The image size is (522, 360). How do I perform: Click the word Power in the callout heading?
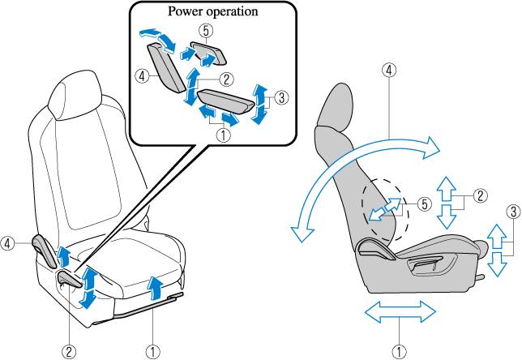186,13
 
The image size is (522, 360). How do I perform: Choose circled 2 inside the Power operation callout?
227,79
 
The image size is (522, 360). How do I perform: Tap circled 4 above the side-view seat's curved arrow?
390,70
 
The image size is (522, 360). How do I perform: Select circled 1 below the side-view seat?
398,351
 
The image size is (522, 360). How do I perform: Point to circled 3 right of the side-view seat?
512,211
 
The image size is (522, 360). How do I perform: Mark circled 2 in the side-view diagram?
480,195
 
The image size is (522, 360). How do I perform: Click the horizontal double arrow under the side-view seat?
397,311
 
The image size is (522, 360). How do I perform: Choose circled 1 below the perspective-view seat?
152,351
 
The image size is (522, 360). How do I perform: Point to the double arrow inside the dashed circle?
386,211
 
